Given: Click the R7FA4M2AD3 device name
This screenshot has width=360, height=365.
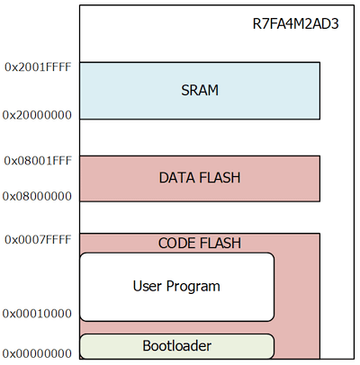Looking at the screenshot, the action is (296, 24).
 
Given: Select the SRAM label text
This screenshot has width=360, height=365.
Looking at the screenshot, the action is (200, 90).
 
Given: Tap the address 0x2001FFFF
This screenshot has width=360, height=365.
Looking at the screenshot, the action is (38, 67).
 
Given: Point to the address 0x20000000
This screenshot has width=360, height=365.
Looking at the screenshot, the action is (37, 115).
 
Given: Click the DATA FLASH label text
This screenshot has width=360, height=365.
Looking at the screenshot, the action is (200, 178).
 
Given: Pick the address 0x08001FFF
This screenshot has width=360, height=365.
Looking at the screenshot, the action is (38, 161).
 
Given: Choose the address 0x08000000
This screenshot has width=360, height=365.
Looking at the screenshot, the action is (37, 196).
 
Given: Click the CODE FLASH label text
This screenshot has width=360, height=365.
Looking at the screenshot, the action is (200, 243).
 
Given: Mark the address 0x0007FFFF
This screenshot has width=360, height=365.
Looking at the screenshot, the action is (38, 240).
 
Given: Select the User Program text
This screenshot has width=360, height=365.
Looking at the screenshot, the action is (176, 286).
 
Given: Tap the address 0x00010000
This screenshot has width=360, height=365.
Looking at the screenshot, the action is (37, 314).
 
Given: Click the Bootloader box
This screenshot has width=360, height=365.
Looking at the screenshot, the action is (177, 346).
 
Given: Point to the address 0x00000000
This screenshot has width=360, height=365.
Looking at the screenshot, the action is (37, 354).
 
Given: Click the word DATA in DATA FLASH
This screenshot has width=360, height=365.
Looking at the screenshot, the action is (177, 178).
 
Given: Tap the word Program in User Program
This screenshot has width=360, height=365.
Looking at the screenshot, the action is (193, 287).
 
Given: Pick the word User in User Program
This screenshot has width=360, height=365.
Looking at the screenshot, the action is (148, 286).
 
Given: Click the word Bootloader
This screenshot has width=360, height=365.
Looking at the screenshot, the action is (177, 346).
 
